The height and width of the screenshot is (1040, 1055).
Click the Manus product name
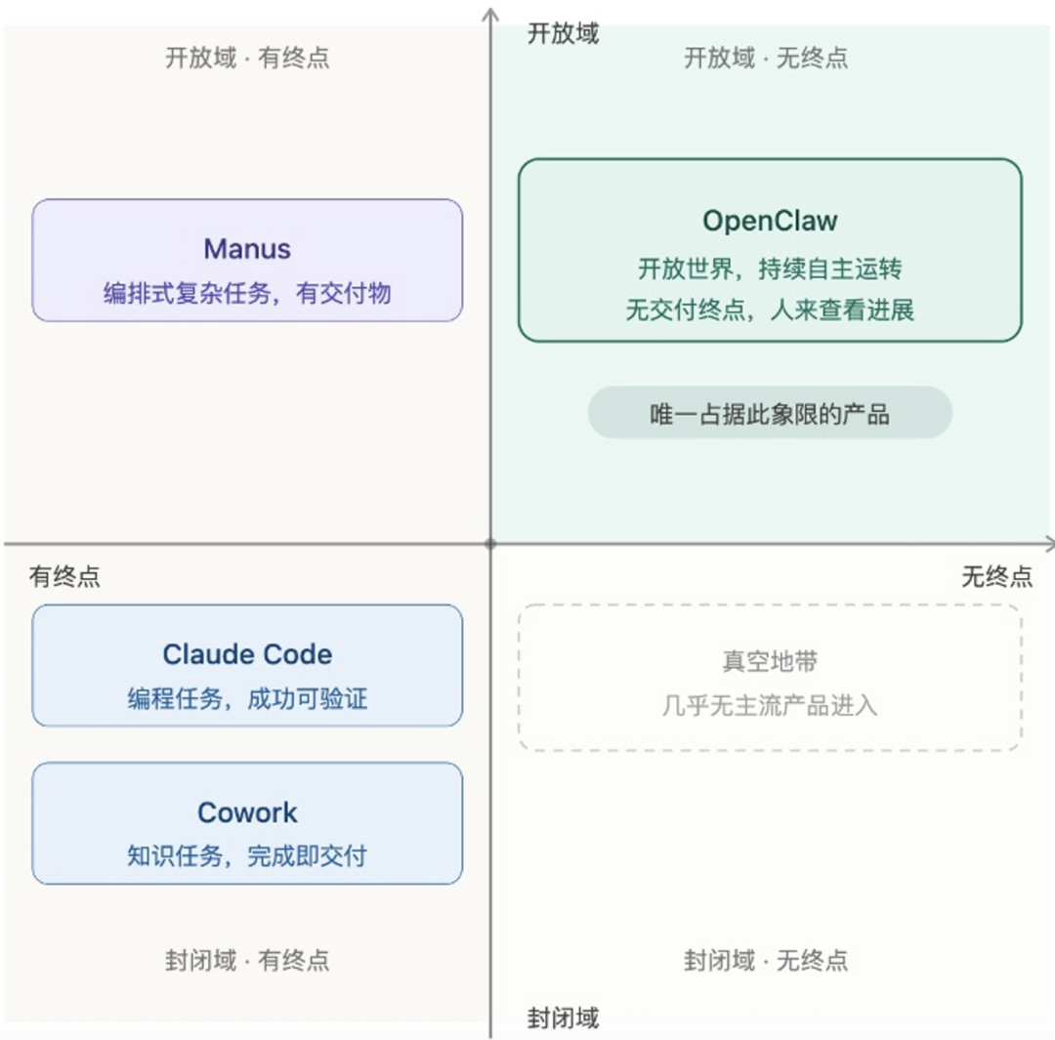pos(247,248)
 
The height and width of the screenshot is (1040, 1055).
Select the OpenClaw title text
pos(770,221)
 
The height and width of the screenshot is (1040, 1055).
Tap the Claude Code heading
pos(247,654)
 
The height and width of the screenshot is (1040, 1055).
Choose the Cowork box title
pos(247,812)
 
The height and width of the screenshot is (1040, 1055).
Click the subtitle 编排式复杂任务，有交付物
pos(247,293)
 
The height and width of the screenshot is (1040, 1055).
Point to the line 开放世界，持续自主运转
pos(770,269)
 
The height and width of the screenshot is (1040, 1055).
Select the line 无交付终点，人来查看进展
pos(770,312)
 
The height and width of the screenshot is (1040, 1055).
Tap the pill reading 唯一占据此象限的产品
pos(770,413)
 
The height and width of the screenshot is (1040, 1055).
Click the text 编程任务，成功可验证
pos(247,699)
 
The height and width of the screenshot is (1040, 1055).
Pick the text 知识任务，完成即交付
pos(247,856)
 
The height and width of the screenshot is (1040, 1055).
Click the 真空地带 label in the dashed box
pos(770,662)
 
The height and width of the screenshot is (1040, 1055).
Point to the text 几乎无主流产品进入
pos(770,705)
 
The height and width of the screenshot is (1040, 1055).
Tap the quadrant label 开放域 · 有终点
pos(247,58)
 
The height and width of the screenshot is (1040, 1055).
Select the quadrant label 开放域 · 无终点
pos(766,58)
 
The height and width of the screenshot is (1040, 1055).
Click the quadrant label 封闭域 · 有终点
pos(247,960)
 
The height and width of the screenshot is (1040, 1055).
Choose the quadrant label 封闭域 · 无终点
pos(766,960)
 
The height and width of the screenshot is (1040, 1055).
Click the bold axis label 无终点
pos(996,576)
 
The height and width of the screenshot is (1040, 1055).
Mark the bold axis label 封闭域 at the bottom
pos(563,1018)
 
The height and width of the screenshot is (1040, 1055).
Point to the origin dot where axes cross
pos(490,543)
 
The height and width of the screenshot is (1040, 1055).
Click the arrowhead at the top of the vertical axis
pos(490,14)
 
